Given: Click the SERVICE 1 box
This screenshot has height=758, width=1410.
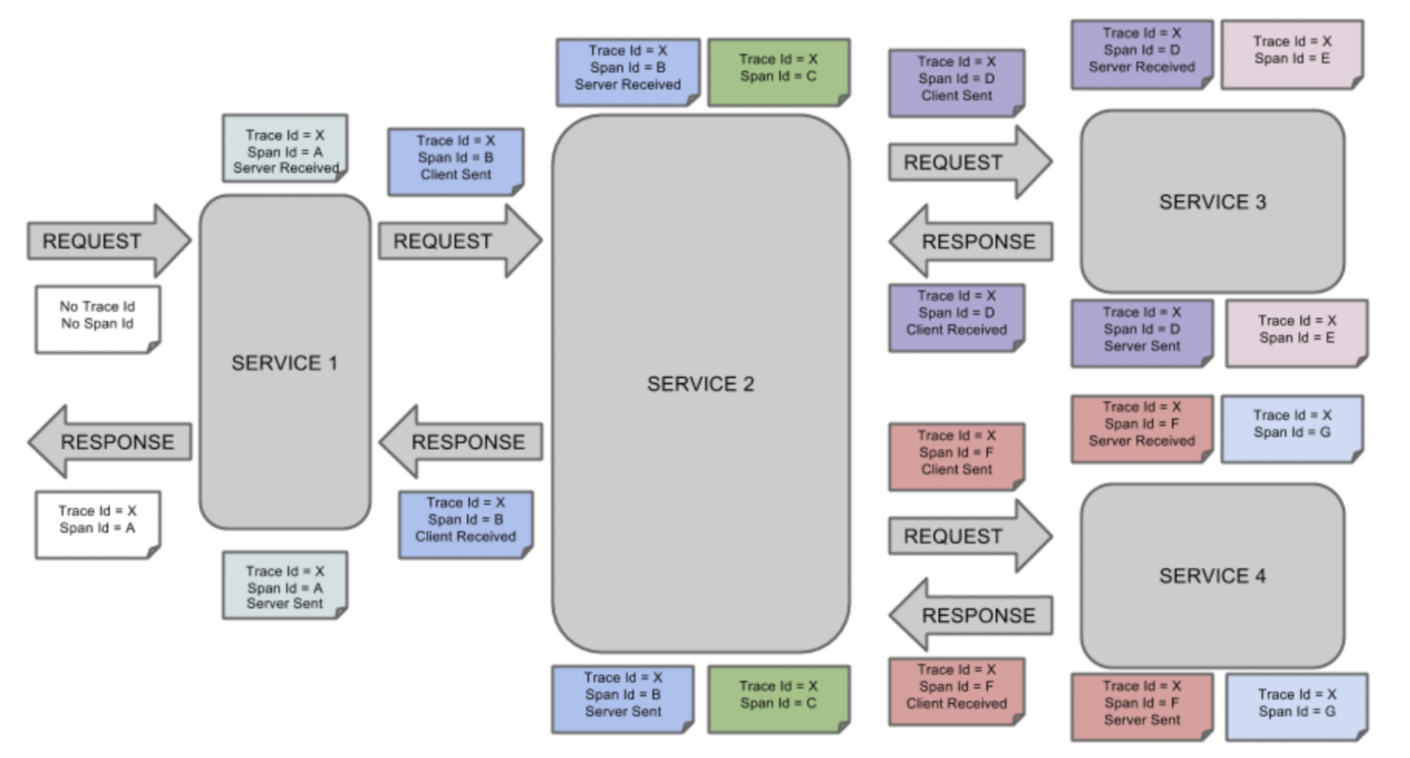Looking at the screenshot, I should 285,362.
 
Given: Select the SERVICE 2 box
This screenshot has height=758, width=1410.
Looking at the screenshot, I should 700,384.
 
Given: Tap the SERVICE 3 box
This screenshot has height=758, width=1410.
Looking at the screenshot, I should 1212,202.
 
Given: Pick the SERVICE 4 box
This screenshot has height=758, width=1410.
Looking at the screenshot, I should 1212,576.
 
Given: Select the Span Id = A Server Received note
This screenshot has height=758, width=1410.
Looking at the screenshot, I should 285,149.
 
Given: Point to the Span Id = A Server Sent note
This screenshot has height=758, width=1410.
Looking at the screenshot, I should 285,586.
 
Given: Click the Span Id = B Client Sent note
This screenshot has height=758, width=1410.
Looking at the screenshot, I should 456,159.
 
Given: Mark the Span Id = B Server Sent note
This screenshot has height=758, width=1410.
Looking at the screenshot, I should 623,697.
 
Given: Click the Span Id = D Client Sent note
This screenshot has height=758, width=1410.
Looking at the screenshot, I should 956,80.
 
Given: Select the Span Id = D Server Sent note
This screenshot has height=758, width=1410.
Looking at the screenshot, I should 1141,332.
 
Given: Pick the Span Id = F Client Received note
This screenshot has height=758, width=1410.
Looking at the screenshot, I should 956,689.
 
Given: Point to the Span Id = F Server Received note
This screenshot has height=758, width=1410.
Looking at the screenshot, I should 1141,426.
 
